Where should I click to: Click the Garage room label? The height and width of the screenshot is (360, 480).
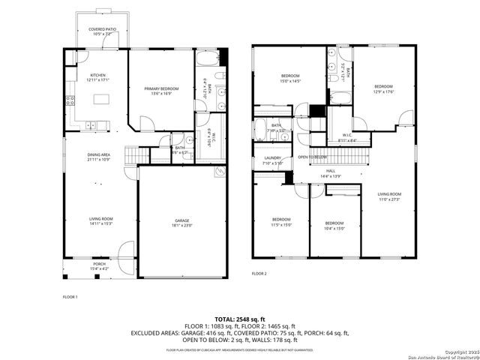(183, 222)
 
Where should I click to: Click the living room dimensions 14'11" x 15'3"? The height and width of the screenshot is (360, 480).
(99, 223)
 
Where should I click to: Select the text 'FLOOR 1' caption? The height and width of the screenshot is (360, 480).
(70, 298)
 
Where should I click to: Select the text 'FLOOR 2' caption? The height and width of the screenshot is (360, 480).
(259, 274)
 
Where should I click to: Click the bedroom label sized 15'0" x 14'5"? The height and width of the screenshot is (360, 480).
(290, 79)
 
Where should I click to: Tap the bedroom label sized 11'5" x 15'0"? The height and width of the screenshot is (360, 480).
(280, 223)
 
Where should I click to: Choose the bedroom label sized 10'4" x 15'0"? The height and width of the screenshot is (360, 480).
(334, 226)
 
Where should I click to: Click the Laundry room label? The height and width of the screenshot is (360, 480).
(272, 160)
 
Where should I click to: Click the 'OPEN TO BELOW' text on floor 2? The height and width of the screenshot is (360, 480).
(313, 157)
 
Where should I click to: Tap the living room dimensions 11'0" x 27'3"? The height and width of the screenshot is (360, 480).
(389, 199)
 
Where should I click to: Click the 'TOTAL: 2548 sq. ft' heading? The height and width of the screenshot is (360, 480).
(240, 319)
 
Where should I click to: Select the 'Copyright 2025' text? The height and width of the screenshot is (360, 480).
(460, 350)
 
